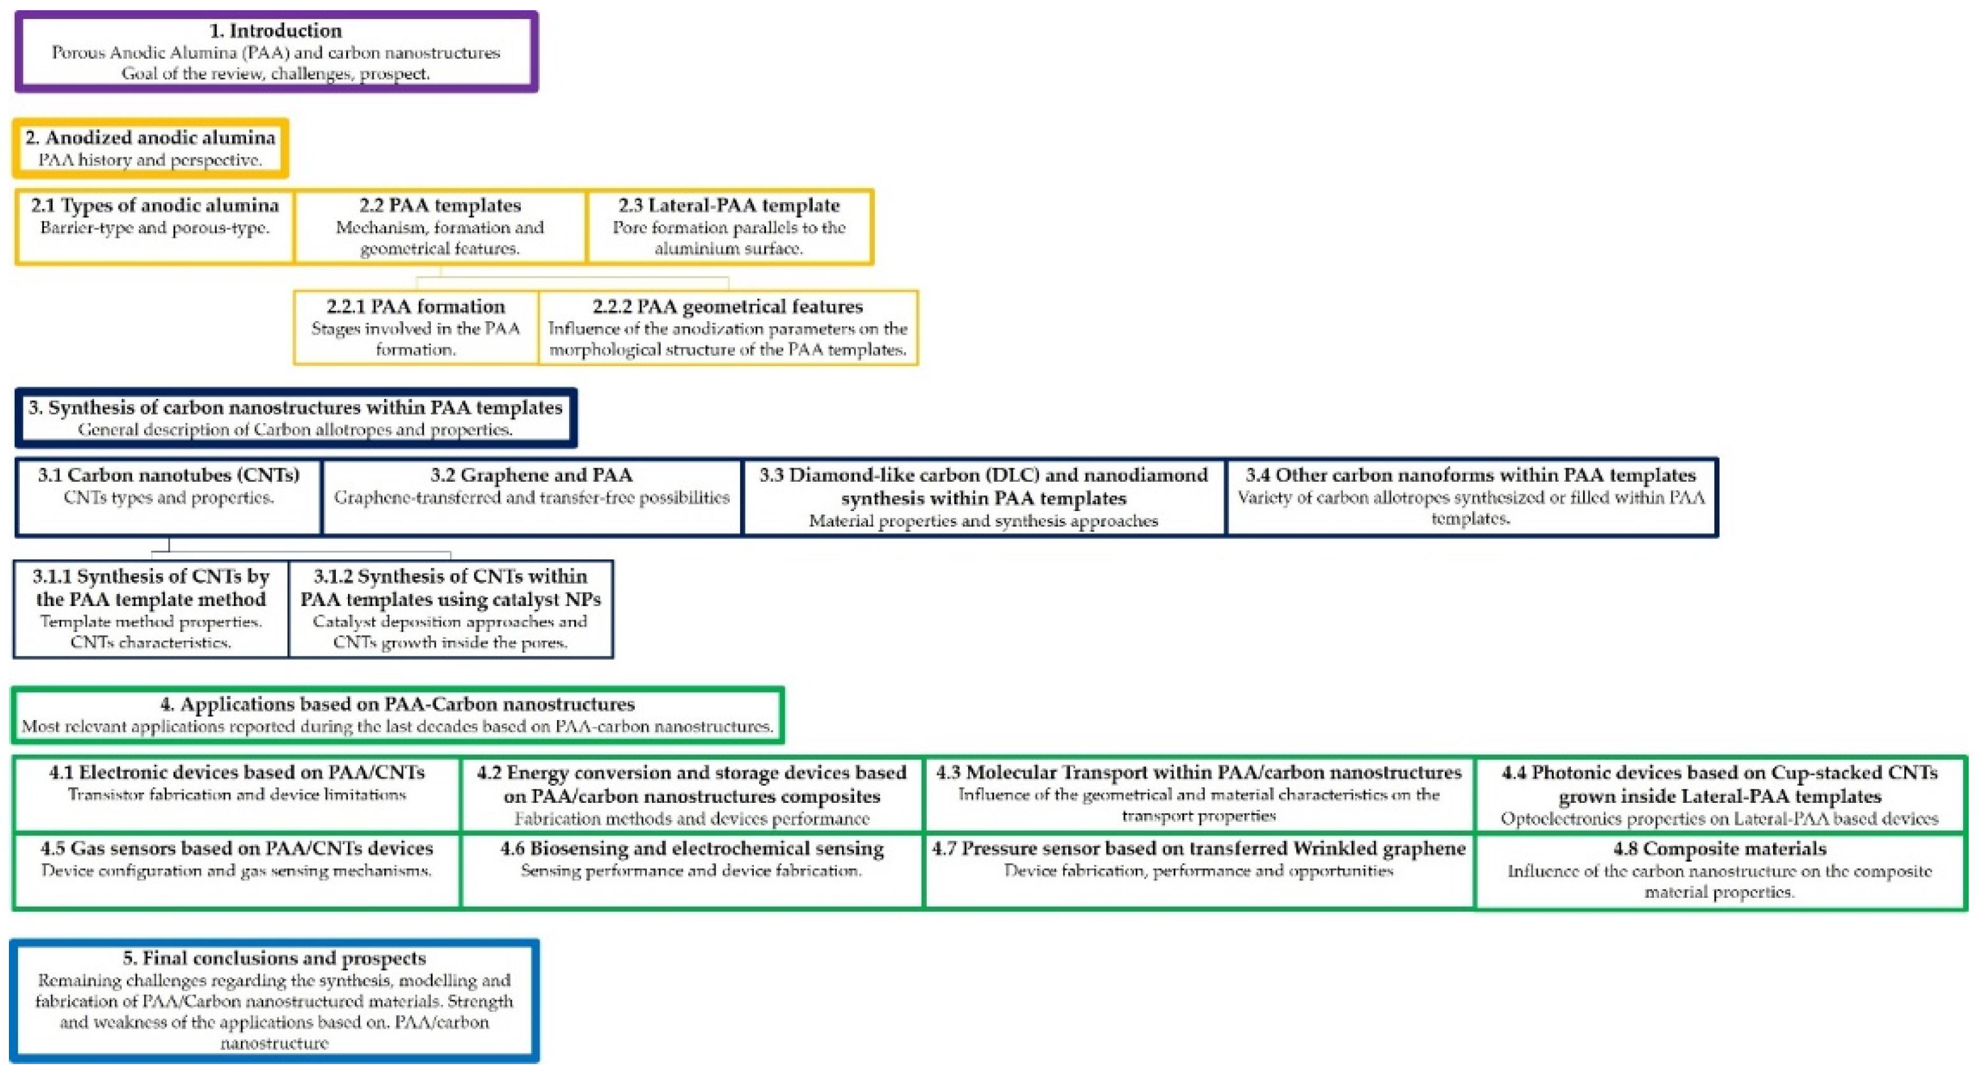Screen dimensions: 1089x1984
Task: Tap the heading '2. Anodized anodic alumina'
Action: [150, 138]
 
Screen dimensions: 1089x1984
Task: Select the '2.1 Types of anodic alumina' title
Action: [155, 206]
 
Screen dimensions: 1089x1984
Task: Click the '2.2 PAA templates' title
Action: [440, 206]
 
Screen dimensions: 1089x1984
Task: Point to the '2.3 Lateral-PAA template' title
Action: [728, 206]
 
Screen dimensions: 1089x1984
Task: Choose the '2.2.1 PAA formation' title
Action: [416, 307]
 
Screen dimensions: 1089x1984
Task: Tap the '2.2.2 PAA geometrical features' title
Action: [728, 307]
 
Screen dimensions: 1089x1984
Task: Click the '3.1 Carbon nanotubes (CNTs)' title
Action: [169, 475]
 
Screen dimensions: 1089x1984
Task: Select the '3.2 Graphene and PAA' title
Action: [532, 475]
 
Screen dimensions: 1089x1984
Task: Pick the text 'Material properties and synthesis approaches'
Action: [983, 521]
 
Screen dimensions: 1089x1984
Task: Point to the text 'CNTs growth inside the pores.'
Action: [451, 642]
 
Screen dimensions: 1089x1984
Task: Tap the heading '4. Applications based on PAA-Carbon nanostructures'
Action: [398, 704]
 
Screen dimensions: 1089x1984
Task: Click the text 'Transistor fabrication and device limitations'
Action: [236, 795]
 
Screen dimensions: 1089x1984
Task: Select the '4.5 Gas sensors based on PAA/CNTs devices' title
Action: [236, 849]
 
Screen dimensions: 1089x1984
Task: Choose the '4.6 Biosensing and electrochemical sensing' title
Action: [692, 849]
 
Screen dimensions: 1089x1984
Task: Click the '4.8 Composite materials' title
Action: [1720, 849]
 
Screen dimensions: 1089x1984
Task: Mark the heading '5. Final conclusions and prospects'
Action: [274, 958]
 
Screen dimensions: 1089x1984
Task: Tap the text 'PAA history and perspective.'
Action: [150, 160]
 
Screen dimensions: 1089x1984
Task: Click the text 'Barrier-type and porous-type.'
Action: [155, 228]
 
